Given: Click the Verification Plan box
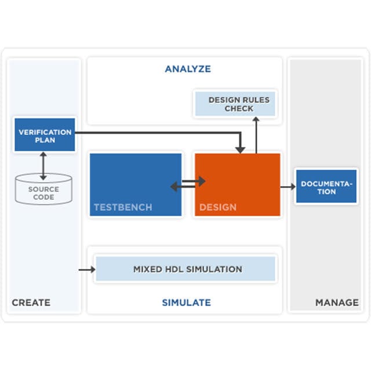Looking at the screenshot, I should pyautogui.click(x=45, y=136).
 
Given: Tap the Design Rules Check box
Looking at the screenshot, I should pyautogui.click(x=234, y=104).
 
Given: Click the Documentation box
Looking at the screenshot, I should pyautogui.click(x=326, y=186).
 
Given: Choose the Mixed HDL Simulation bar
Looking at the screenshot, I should pyautogui.click(x=185, y=269).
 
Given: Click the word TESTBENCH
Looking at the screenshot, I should pyautogui.click(x=123, y=207).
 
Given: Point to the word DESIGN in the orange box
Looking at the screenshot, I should pyautogui.click(x=218, y=207).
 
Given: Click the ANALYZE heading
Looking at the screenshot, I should pyautogui.click(x=187, y=69).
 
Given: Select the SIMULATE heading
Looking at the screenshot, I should pyautogui.click(x=186, y=303).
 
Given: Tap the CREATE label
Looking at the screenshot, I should pyautogui.click(x=31, y=303).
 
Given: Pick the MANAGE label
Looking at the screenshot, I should pyautogui.click(x=337, y=303).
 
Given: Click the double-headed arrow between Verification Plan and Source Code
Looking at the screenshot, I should pyautogui.click(x=43, y=165).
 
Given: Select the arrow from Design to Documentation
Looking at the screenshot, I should pyautogui.click(x=288, y=187).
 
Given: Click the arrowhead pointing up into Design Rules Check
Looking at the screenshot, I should pyautogui.click(x=256, y=120).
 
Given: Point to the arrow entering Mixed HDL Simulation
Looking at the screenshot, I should pyautogui.click(x=87, y=269).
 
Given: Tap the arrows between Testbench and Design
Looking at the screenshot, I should pyautogui.click(x=188, y=184).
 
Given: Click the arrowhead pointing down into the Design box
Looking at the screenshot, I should pyautogui.click(x=239, y=150).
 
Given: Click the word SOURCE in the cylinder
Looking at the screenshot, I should pyautogui.click(x=43, y=190).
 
